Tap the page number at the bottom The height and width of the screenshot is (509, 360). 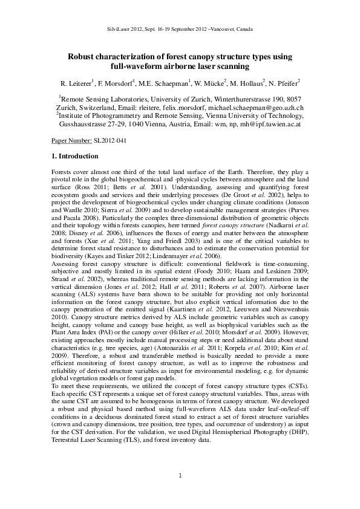point(180,476)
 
